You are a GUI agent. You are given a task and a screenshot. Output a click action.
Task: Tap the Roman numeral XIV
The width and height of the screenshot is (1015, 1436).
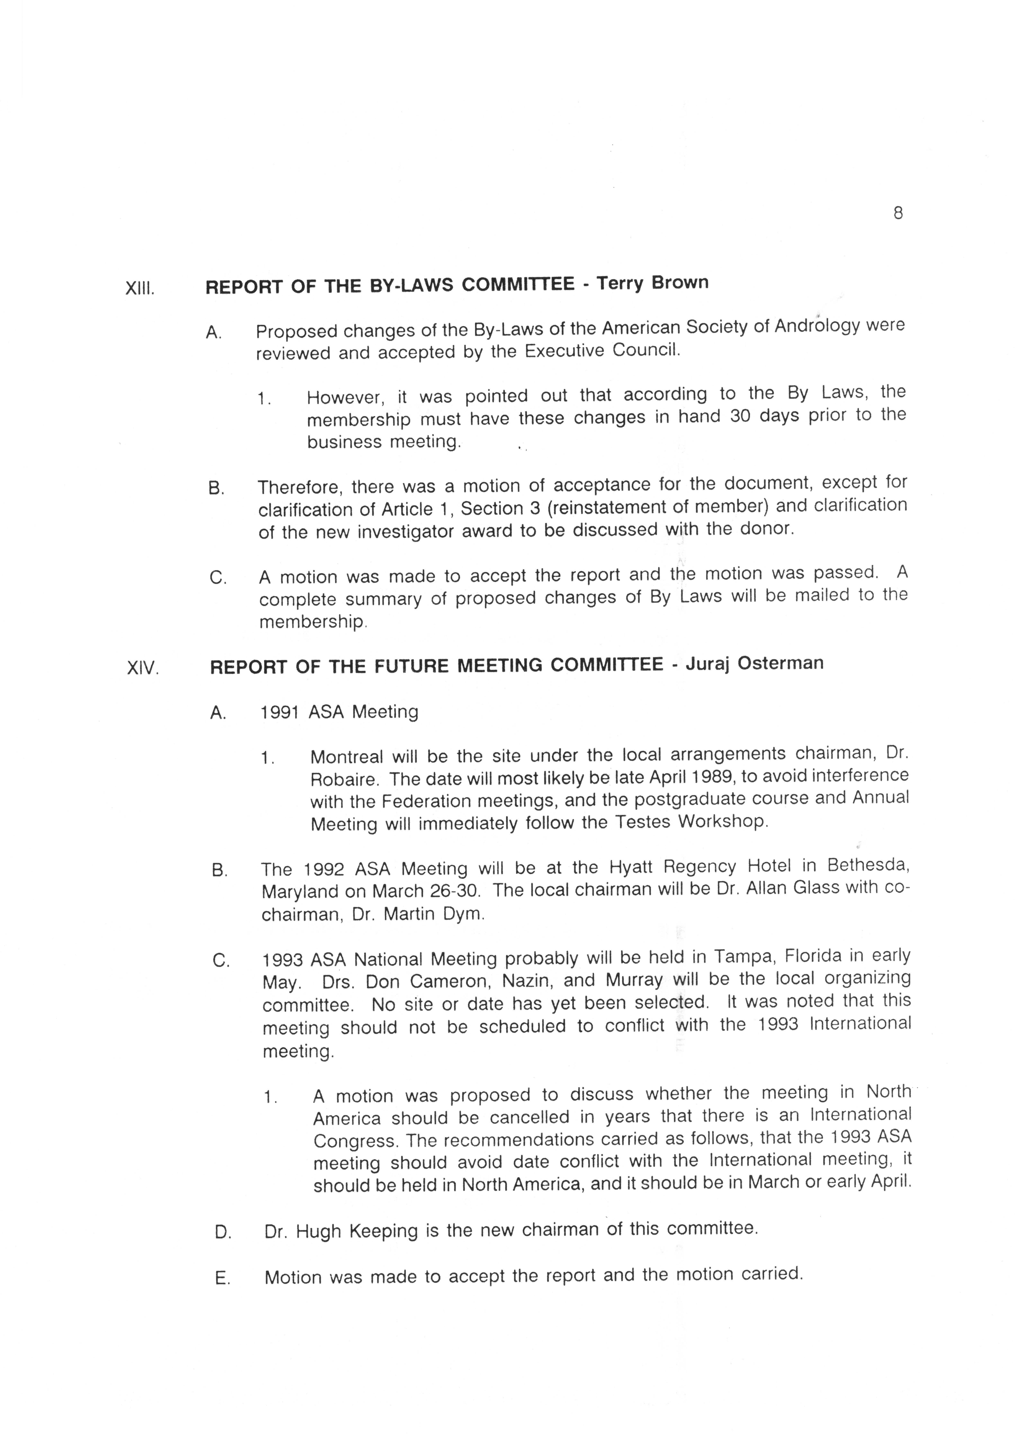(143, 669)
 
